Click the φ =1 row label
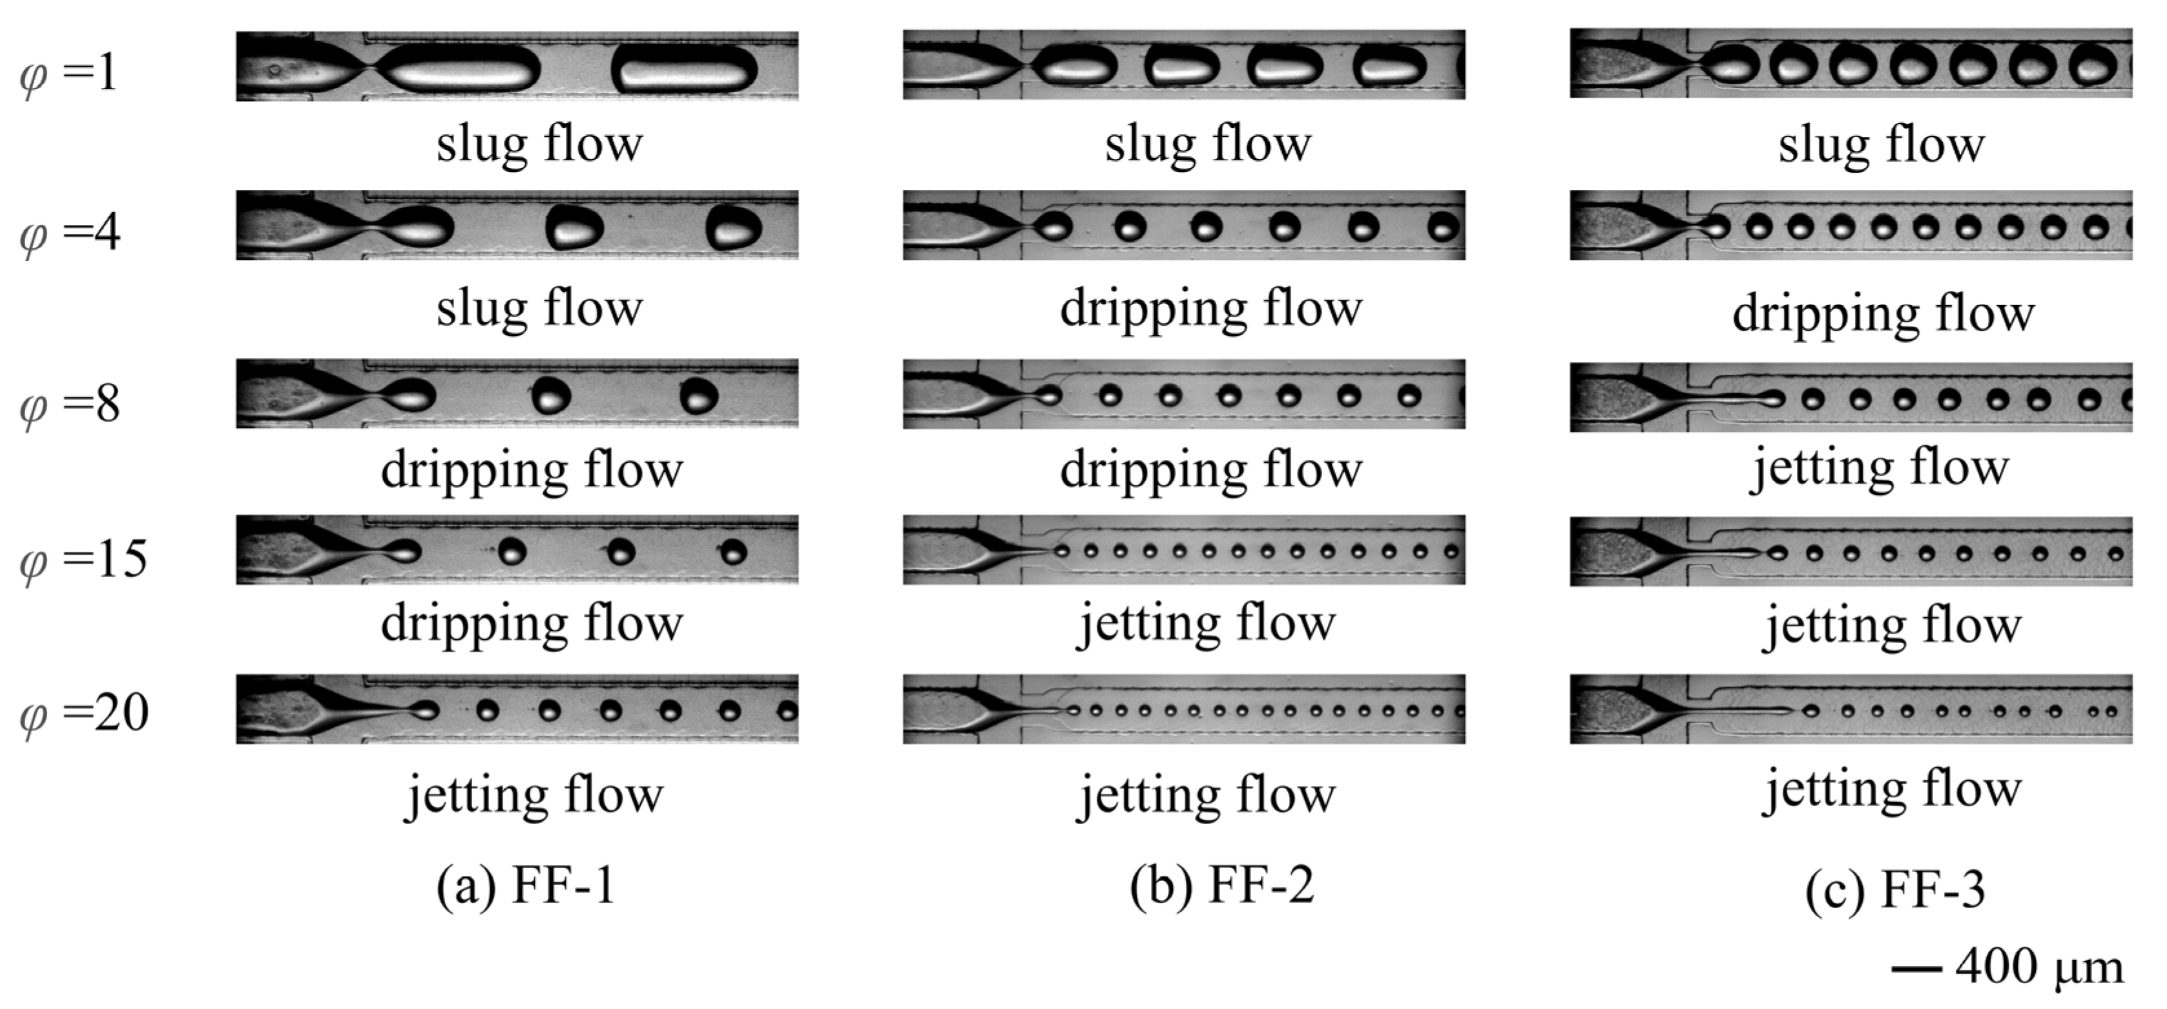(69, 74)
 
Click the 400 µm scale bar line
(1918, 970)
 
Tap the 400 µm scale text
(2039, 968)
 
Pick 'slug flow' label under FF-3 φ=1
(1881, 145)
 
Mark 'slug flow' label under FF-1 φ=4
(539, 308)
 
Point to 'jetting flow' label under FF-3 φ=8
(1880, 469)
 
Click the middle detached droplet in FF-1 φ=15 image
(621, 552)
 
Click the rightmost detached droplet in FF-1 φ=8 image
(699, 396)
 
